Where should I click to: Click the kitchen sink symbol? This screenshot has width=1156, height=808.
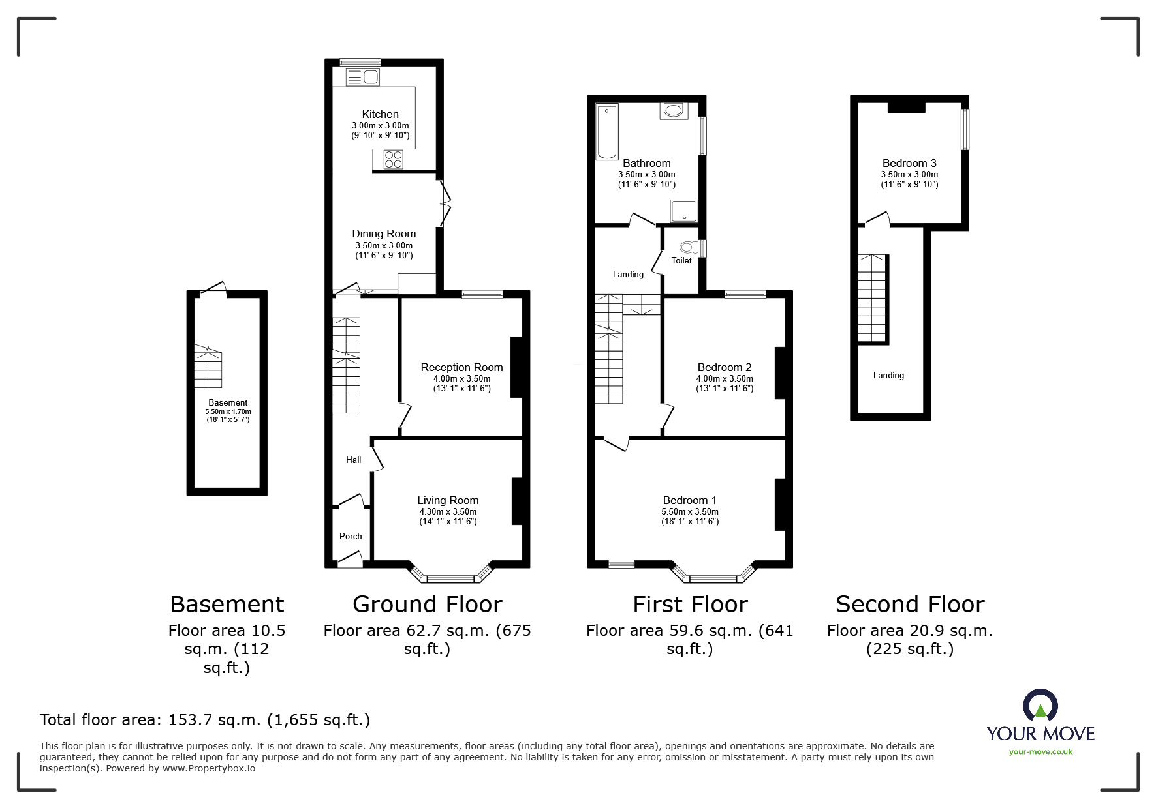pyautogui.click(x=362, y=78)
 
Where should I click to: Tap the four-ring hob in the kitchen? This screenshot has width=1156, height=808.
pyautogui.click(x=394, y=158)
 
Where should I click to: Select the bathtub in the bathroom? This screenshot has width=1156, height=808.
pyautogui.click(x=607, y=132)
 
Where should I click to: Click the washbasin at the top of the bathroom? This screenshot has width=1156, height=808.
pyautogui.click(x=672, y=110)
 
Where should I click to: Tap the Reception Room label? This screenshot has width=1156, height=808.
pyautogui.click(x=461, y=367)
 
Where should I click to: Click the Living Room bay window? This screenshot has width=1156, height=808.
pyautogui.click(x=450, y=576)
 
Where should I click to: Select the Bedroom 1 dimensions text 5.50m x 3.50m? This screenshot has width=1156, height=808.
pyautogui.click(x=689, y=511)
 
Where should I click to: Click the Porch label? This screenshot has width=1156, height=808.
pyautogui.click(x=351, y=536)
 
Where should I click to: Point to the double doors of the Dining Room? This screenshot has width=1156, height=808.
pyautogui.click(x=445, y=202)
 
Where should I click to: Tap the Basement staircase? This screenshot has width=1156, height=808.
pyautogui.click(x=208, y=367)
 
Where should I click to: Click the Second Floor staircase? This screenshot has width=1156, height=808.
pyautogui.click(x=873, y=299)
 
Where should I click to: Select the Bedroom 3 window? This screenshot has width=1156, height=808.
pyautogui.click(x=965, y=129)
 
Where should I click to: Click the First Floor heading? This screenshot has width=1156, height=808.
pyautogui.click(x=690, y=605)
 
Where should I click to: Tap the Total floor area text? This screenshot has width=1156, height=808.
pyautogui.click(x=205, y=720)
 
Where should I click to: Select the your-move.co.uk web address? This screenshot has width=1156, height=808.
pyautogui.click(x=1040, y=751)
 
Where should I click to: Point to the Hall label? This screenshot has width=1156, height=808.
pyautogui.click(x=353, y=460)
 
